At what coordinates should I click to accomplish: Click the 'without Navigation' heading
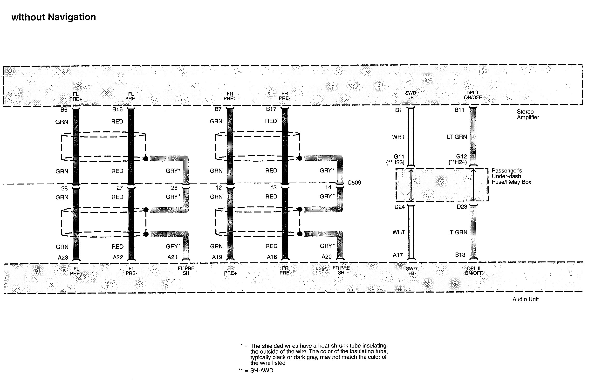point(54,17)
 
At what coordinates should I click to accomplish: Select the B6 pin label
point(64,109)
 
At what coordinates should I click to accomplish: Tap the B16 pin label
point(117,109)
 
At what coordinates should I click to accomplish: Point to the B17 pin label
point(271,109)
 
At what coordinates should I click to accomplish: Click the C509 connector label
point(354,183)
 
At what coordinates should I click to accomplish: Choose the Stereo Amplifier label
point(528,115)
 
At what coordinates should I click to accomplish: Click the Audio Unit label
point(525,299)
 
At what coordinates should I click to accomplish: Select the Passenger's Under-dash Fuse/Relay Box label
point(511,176)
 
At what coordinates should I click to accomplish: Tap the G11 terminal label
point(399,157)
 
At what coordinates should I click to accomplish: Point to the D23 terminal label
point(462,207)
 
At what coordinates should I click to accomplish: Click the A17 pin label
point(397,255)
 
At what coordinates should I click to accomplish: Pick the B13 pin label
point(460,255)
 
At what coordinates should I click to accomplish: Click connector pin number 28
point(64,188)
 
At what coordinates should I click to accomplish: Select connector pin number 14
point(328,187)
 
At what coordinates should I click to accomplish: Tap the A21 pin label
point(172,257)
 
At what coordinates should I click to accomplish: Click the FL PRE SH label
point(186,271)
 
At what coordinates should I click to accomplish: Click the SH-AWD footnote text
point(261,370)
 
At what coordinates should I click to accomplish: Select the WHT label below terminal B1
point(398,137)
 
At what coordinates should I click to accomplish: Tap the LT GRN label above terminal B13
point(457,232)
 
